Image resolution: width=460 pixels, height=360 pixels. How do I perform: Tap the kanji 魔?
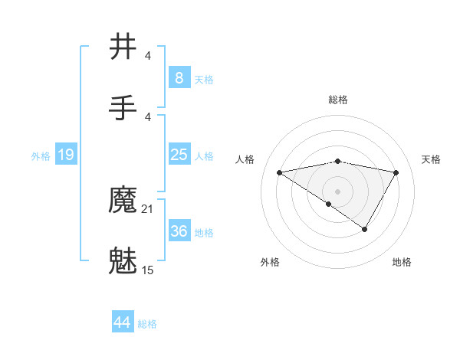124,201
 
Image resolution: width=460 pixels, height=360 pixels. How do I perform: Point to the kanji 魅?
124,261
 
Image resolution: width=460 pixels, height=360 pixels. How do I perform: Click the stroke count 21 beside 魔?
148,208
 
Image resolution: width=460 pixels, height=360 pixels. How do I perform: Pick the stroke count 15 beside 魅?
148,270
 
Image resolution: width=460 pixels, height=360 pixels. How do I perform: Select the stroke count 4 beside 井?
148,55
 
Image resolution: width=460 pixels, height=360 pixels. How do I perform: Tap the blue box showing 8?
179,77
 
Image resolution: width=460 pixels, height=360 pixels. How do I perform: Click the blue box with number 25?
179,155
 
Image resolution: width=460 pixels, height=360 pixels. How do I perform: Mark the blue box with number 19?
66,155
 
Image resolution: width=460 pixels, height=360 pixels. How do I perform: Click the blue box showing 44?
122,322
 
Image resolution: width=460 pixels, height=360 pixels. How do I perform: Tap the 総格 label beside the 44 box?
147,324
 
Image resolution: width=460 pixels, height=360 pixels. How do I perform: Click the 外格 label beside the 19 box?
41,156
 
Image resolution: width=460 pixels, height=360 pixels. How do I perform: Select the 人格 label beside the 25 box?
204,156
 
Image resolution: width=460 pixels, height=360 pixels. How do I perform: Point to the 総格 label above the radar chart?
337,100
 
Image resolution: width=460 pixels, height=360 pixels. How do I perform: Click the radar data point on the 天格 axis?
396,172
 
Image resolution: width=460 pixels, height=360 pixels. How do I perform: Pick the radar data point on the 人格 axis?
280,172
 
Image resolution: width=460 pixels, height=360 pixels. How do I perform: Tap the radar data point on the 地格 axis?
365,228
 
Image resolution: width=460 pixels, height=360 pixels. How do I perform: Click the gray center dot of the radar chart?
337,191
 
